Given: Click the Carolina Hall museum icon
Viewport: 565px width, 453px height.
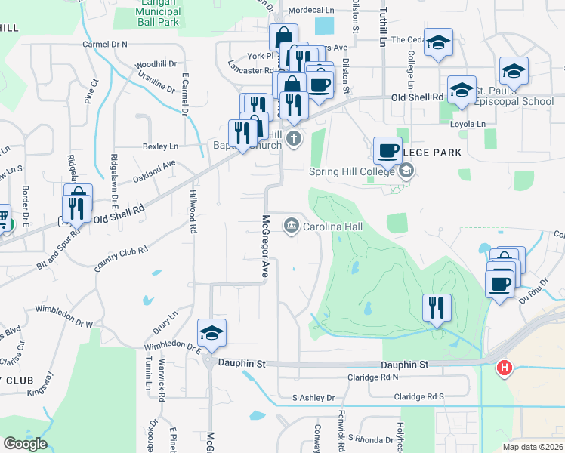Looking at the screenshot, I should tap(291, 226).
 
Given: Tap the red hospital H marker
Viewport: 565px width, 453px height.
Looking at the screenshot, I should tap(504, 368).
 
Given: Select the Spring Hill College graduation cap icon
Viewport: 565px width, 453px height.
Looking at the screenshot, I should tap(407, 171).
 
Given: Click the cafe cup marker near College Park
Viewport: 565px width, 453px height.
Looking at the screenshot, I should tap(387, 149).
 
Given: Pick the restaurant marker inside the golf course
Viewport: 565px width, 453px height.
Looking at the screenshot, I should tap(437, 307).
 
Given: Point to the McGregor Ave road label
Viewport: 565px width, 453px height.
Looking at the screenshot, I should tap(265, 246).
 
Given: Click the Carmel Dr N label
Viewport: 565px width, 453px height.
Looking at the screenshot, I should tap(105, 45).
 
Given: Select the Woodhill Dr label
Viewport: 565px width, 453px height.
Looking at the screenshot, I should tap(156, 64).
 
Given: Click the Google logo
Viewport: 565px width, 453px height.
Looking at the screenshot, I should tap(25, 444).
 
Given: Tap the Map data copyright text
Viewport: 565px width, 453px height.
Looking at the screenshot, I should tap(533, 447).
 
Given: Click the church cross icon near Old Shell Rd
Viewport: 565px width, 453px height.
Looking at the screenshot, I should tap(293, 138).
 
